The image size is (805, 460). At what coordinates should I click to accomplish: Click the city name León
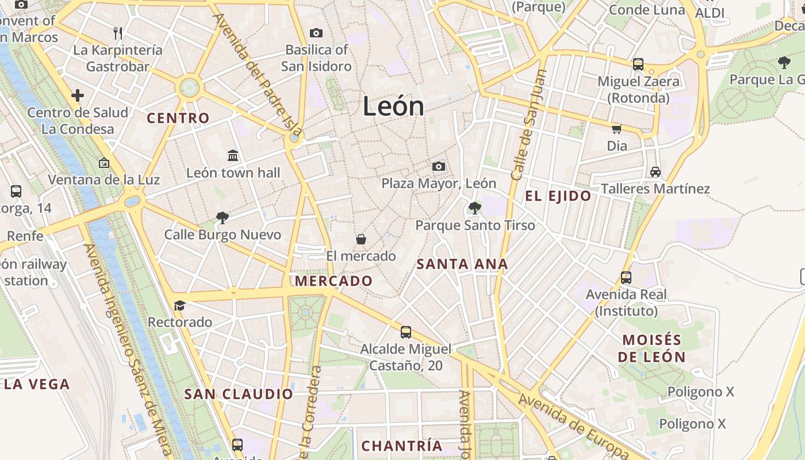(x=393, y=107)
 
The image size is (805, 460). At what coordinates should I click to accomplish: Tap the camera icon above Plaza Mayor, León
(x=439, y=166)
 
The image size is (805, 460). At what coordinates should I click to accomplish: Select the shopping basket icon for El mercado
(x=361, y=239)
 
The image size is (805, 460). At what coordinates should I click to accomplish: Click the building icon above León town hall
(x=233, y=155)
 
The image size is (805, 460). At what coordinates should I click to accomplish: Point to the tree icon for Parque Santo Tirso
(x=475, y=208)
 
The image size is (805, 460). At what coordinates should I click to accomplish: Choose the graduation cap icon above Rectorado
(x=180, y=305)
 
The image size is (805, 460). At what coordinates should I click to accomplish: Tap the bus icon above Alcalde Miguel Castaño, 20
(x=406, y=332)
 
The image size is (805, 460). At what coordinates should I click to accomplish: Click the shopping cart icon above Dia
(x=616, y=129)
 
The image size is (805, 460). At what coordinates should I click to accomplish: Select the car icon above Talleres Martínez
(x=655, y=171)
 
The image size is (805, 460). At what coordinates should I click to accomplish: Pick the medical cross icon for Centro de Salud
(x=78, y=95)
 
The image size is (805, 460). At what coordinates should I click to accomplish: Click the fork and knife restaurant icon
(x=118, y=33)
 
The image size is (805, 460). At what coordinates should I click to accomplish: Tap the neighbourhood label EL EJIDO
(x=558, y=196)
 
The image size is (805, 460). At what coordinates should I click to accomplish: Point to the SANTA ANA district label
(x=462, y=264)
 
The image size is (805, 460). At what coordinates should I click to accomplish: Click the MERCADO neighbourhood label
(x=333, y=281)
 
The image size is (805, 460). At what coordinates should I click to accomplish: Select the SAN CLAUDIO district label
(x=239, y=394)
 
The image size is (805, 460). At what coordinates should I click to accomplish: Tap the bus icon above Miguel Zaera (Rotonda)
(x=638, y=64)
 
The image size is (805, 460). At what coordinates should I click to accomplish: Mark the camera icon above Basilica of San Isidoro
(x=316, y=33)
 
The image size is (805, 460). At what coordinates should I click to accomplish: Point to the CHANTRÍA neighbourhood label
(x=402, y=446)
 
